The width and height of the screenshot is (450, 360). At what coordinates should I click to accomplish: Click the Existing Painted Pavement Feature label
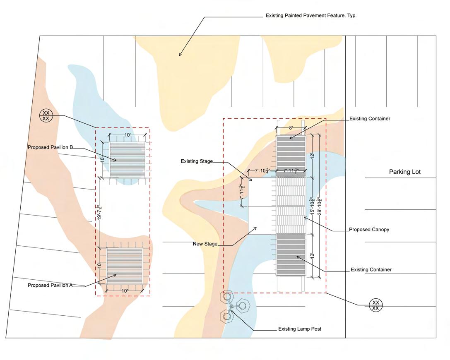(311, 16)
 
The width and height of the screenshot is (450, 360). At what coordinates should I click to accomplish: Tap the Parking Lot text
(404, 172)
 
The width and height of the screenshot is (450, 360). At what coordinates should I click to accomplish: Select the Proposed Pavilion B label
(51, 147)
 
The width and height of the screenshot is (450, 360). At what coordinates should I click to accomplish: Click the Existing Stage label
(197, 161)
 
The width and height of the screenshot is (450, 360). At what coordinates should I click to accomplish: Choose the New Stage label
(205, 244)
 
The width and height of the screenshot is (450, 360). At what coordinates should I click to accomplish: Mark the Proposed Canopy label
(369, 230)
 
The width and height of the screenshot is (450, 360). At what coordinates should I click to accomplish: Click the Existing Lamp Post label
(299, 329)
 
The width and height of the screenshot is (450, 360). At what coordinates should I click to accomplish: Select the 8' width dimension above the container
(291, 128)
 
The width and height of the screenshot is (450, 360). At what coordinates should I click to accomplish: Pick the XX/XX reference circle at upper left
(46, 115)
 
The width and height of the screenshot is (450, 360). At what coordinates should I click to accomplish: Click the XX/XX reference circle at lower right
(375, 305)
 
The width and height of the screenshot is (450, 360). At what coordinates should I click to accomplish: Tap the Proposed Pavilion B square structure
(127, 160)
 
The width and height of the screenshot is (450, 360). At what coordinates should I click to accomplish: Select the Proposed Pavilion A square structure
(124, 266)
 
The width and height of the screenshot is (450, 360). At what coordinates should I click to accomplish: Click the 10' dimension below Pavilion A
(124, 291)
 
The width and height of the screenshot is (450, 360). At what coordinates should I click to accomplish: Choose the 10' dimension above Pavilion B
(128, 135)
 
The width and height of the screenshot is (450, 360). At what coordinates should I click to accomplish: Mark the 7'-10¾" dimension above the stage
(262, 170)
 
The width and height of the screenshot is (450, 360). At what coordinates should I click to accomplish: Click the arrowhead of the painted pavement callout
(180, 54)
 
